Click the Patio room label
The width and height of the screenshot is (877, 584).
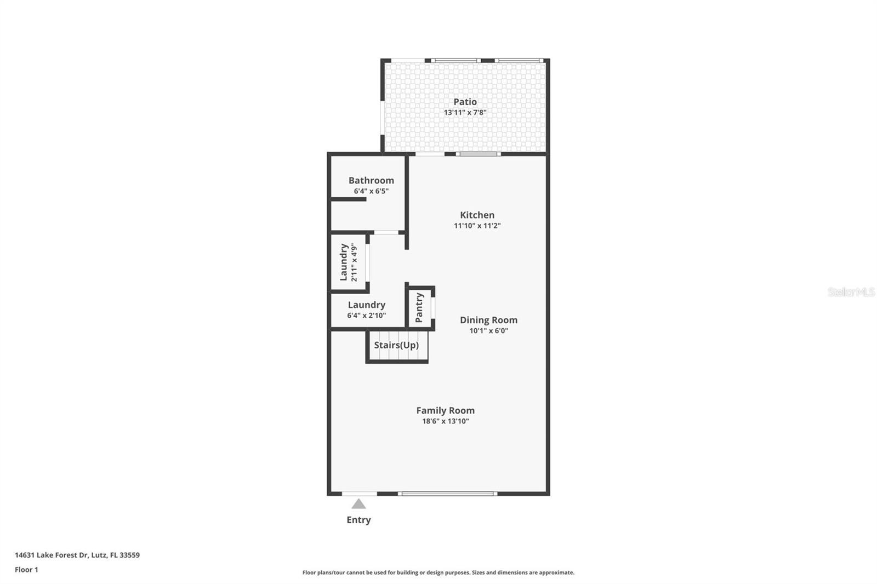click(465, 102)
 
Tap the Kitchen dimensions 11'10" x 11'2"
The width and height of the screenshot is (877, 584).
click(477, 226)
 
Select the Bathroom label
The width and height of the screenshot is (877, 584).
click(371, 180)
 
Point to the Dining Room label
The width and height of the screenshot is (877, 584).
click(488, 320)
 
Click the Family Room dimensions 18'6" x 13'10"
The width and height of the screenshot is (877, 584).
click(445, 421)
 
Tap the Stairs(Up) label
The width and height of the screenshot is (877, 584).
click(396, 345)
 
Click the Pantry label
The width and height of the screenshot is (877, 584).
click(419, 307)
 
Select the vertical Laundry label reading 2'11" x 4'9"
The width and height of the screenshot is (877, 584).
click(348, 262)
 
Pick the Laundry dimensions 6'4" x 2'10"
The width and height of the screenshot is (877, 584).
click(366, 316)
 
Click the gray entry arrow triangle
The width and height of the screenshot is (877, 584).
click(358, 503)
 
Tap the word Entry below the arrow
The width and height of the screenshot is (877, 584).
click(358, 520)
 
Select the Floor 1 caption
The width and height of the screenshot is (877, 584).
click(26, 570)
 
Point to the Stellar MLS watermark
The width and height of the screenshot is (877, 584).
click(851, 292)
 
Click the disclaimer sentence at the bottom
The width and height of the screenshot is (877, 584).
click(438, 572)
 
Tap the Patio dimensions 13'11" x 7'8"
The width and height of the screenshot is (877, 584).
click(465, 113)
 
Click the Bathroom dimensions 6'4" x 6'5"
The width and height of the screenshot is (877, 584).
click(371, 191)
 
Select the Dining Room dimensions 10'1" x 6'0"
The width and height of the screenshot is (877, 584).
click(488, 331)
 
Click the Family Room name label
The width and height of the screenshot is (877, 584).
click(445, 410)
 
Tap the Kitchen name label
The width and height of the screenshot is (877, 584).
click(477, 215)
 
